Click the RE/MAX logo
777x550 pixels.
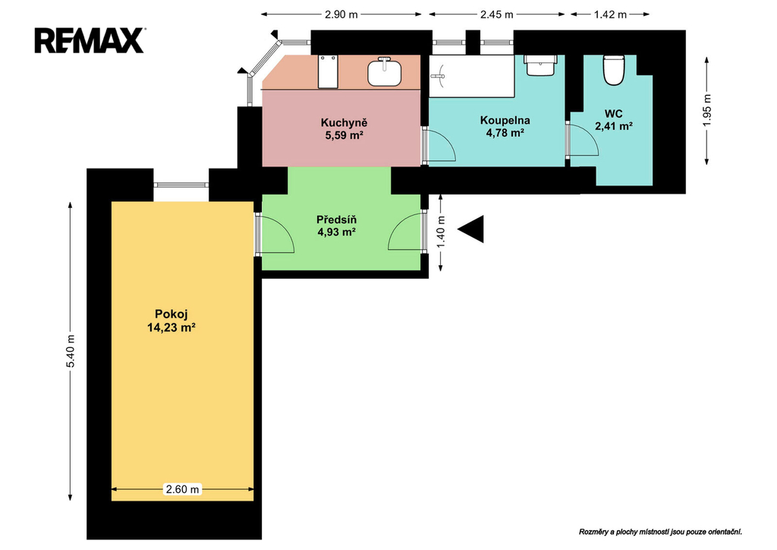90,41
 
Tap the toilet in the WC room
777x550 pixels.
613,70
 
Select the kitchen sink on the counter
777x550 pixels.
384,72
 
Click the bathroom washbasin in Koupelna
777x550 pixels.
540,65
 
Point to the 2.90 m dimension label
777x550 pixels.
341,14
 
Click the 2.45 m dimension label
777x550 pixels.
496,14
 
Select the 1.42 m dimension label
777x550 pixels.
611,14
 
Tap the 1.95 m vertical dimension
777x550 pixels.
707,110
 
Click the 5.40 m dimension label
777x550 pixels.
71,351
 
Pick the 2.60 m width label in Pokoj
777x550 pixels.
183,489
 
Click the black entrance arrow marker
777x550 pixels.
470,229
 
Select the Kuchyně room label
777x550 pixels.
344,123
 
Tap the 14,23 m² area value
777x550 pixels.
171,327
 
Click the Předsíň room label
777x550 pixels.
336,220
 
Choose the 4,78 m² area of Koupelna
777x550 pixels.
505,133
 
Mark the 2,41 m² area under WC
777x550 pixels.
613,126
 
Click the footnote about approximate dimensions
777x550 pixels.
661,532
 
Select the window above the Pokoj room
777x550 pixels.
181,185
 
